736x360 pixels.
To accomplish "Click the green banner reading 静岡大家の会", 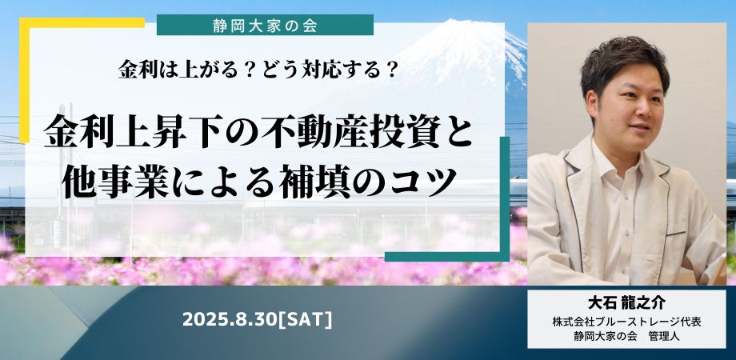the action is point(265,25).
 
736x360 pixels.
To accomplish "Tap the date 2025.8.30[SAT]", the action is point(258,320).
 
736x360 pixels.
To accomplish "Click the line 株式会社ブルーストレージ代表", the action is point(626,322).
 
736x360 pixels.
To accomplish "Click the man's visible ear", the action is point(592,106).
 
